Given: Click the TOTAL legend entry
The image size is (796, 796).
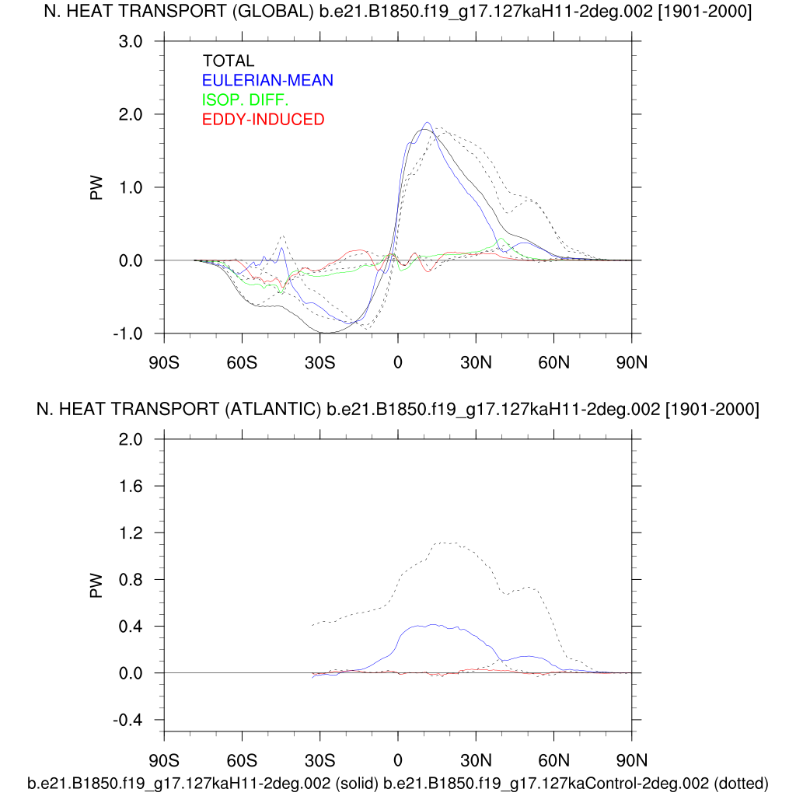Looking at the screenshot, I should click(x=229, y=61).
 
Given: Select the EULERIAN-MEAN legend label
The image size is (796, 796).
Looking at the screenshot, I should click(x=267, y=80).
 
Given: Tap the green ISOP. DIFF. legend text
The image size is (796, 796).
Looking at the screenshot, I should click(x=245, y=99).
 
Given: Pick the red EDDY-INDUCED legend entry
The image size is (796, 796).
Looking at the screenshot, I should click(x=263, y=119).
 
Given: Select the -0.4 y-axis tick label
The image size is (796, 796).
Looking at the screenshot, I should click(x=129, y=720).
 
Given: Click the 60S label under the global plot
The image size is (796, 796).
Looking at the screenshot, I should click(x=242, y=362).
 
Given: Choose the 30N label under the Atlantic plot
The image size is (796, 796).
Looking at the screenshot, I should click(x=476, y=759).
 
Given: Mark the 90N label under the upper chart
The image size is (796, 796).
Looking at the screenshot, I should click(x=631, y=362).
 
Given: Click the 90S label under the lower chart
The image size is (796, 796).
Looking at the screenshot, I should click(x=164, y=759).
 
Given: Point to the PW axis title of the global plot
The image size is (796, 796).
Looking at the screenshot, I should click(x=97, y=187).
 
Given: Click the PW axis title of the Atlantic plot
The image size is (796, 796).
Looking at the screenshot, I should click(x=97, y=585).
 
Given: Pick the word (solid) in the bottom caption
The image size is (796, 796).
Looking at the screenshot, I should click(x=357, y=782).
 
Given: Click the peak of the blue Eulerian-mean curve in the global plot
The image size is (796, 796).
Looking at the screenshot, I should click(x=428, y=123).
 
